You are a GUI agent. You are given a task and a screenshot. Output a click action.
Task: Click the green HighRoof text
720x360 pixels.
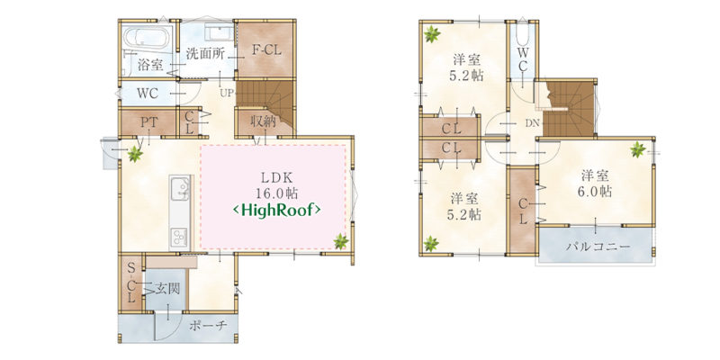[277, 211]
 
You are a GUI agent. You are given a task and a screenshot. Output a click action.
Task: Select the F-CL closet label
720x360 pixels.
[266, 50]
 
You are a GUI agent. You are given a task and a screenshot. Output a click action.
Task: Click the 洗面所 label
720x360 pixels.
[205, 54]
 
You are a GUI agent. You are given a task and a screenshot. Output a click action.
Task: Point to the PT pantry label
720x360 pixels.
[149, 122]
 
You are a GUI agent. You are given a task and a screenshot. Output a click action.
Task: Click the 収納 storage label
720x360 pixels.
[263, 121]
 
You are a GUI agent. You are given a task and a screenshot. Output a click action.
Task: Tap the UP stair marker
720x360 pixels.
[227, 94]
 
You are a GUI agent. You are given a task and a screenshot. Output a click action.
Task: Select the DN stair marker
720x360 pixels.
[532, 123]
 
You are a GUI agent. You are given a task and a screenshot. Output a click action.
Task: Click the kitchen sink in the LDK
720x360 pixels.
[179, 189]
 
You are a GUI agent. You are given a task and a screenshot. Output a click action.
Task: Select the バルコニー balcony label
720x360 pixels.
[598, 247]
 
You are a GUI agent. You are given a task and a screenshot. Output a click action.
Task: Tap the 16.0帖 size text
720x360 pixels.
[276, 193]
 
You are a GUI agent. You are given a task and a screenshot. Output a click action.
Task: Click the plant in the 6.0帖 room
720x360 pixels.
[637, 149]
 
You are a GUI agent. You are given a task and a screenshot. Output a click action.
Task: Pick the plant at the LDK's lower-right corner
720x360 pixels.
[341, 241]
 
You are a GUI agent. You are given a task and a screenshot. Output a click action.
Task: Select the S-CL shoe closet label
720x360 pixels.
[130, 283]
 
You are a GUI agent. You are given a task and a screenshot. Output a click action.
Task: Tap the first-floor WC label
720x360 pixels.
[148, 94]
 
